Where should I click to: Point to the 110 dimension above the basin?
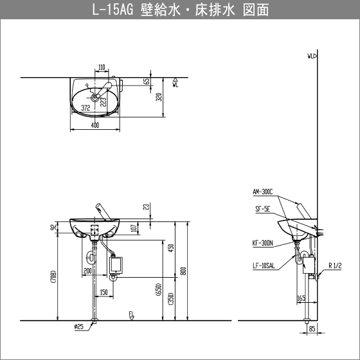click(102, 67)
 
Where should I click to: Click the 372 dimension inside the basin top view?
click(85, 109)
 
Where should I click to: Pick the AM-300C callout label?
click(264, 192)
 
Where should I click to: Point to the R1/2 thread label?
click(337, 264)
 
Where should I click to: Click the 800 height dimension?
click(183, 271)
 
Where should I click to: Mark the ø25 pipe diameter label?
click(79, 327)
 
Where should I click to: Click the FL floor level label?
click(131, 314)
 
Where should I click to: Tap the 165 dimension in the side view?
click(301, 298)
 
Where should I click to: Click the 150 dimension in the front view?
click(103, 293)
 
